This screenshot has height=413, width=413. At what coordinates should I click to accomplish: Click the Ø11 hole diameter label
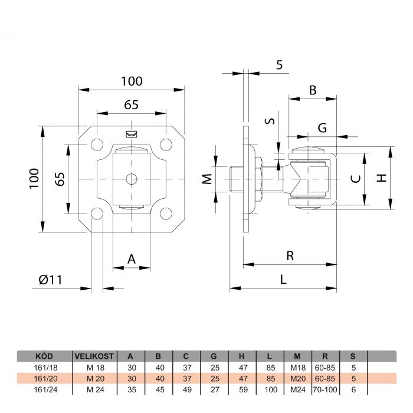50,280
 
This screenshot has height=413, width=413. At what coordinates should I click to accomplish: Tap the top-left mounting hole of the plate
97,145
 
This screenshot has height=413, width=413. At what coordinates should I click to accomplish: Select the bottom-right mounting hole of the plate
166,214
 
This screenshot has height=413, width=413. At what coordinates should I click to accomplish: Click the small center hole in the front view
132,179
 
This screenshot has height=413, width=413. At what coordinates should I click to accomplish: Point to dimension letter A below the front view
132,259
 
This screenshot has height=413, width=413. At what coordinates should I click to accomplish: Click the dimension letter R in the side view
290,255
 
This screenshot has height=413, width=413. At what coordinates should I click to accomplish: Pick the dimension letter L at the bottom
283,280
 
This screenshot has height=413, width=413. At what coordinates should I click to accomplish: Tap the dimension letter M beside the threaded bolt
207,179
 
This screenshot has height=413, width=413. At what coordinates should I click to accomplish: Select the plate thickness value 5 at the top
280,65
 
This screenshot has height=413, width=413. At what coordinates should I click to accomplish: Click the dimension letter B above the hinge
313,90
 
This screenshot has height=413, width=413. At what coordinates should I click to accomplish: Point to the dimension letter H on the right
381,178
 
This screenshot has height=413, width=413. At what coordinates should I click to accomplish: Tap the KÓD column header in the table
44,356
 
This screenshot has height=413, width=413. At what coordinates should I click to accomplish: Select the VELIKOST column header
94,356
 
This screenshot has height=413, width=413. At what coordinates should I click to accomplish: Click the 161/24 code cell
45,389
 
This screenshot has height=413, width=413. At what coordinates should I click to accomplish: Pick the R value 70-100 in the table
325,389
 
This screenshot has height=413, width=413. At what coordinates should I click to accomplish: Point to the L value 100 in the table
271,389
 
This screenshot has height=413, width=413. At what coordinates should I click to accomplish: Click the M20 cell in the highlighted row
298,379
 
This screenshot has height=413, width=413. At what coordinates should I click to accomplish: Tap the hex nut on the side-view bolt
258,179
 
